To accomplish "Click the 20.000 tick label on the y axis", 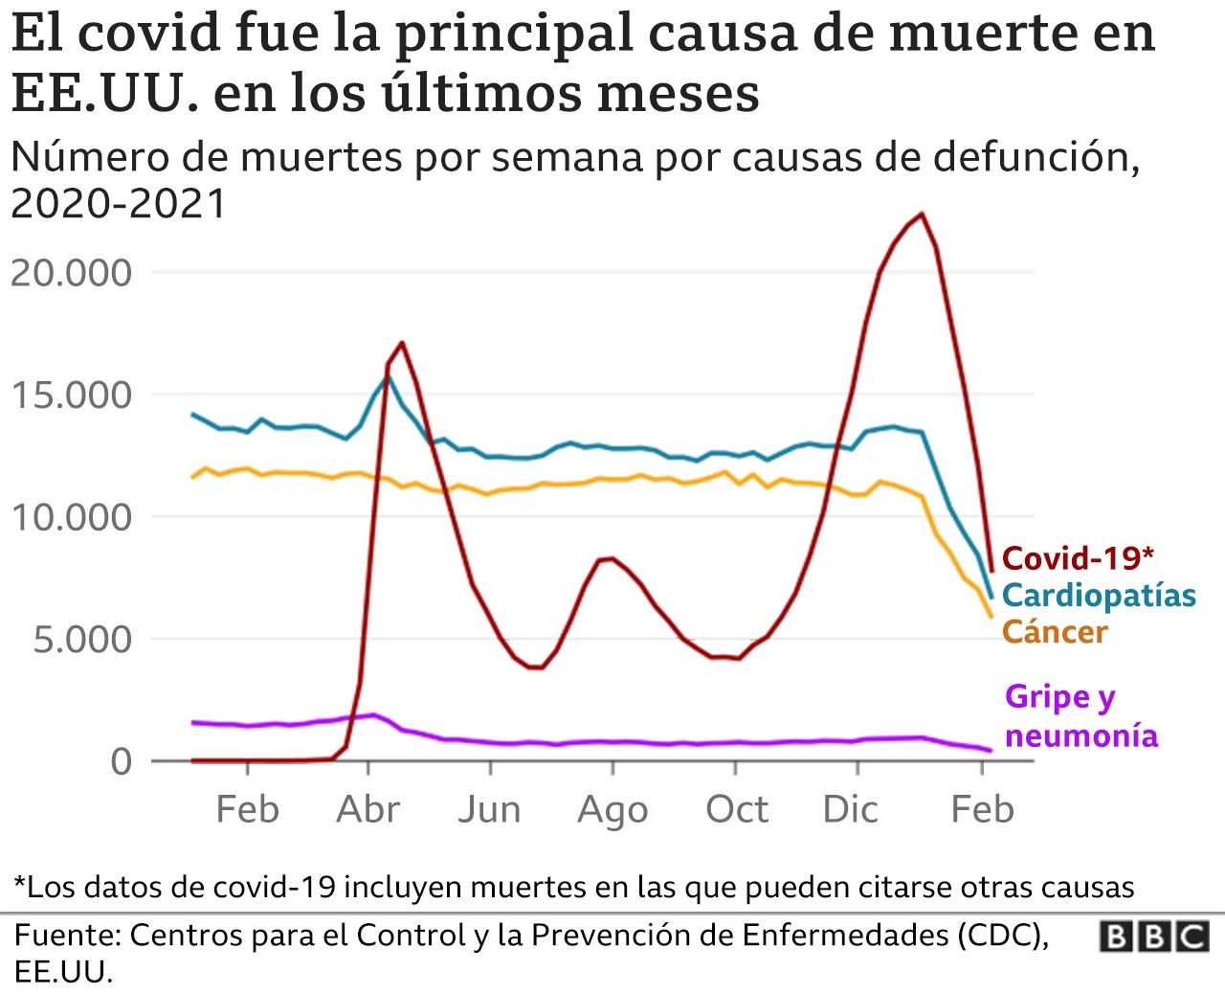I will point(72,273).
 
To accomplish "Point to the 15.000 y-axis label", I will point(72,395).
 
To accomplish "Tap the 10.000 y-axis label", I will point(72,517).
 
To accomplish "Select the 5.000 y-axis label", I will point(83,640).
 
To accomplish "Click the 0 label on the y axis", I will point(122,761).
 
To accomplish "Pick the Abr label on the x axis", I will point(368,810).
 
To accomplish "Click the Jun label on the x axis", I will point(490,810).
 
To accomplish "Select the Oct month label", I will point(736,810).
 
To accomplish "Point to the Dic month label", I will point(850,810).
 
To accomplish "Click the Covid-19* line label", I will point(1078,558).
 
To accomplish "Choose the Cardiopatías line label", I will point(1099,596).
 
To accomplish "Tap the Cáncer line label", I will point(1055,632).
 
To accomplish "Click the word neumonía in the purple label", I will point(1081,735).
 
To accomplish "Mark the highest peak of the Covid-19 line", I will point(922,214).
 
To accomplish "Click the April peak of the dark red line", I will point(402,342).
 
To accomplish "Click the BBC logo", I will point(1153,936).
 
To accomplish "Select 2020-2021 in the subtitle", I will point(119,204).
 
